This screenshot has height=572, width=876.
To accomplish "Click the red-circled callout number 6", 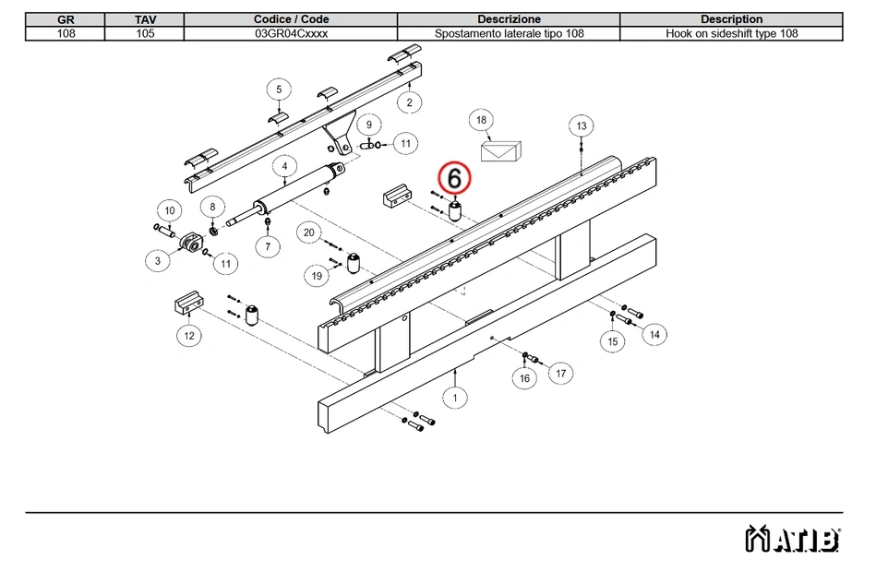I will (454, 176).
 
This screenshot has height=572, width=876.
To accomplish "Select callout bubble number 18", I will (480, 120).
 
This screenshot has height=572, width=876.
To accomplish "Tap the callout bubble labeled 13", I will (581, 125).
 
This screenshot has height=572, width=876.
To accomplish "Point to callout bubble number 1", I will (454, 398).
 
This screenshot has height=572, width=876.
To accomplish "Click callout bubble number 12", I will (188, 336).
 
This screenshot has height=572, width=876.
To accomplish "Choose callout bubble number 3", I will (158, 261).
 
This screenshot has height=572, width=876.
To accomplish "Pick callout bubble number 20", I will (308, 232).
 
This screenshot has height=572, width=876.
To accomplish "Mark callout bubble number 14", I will (654, 334).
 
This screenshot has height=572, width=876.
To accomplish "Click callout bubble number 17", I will (559, 373).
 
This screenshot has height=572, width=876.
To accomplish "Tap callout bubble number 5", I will (278, 89).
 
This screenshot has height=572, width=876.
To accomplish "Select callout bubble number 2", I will (409, 102).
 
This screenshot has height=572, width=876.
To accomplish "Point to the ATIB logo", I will (792, 538).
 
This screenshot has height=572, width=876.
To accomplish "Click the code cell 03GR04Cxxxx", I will (291, 33).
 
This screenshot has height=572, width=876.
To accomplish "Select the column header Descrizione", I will (509, 18).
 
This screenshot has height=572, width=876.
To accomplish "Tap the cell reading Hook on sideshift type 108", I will (731, 33).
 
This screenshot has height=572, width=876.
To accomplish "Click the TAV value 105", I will (145, 33).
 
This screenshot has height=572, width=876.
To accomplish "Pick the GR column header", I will (66, 18).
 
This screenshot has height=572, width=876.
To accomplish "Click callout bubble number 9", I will (368, 125).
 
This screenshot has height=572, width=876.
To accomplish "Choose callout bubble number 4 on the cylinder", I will (284, 167).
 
